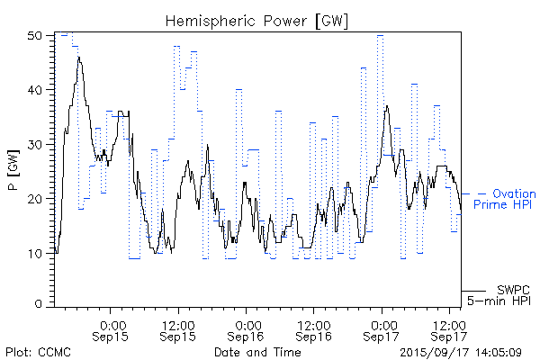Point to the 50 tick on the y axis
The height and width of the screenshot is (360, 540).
[36, 36]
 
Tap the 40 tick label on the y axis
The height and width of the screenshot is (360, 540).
[36, 90]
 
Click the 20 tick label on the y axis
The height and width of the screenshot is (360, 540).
[36, 198]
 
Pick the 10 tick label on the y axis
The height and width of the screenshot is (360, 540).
[36, 252]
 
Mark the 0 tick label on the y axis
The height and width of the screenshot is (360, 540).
[40, 305]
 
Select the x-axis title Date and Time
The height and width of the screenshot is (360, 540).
[257, 351]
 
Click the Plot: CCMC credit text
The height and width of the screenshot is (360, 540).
[34, 351]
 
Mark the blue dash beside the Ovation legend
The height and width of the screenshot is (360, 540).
[481, 194]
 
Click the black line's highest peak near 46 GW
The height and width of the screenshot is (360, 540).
[79, 58]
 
